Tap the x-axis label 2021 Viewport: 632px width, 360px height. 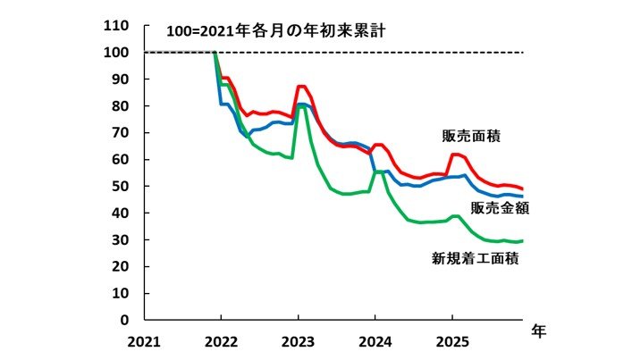[x=145, y=340]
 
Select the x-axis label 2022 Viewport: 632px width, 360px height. [x=221, y=340]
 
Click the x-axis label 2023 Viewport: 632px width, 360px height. [x=298, y=340]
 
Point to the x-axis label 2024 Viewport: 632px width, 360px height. [x=375, y=340]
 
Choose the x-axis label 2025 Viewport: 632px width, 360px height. [x=451, y=340]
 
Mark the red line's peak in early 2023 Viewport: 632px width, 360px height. [x=302, y=87]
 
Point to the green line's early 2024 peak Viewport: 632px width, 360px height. [x=379, y=171]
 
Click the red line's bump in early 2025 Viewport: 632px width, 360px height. [x=456, y=155]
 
